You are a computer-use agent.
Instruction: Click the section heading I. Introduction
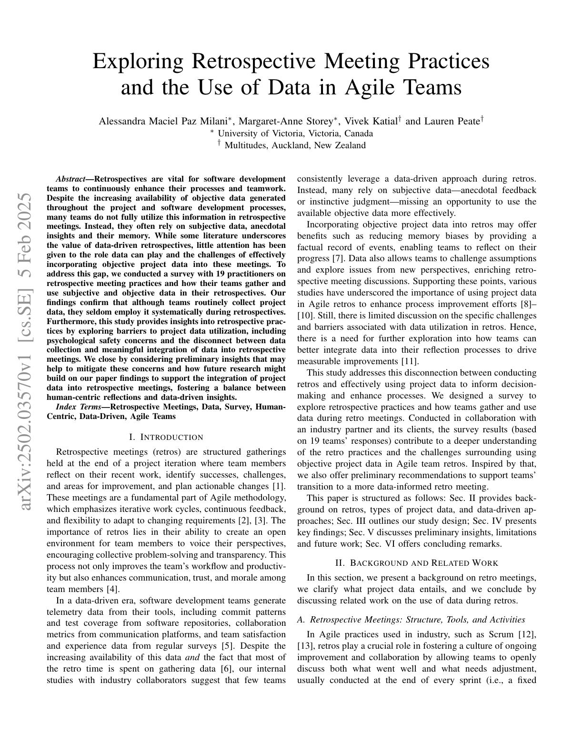pyautogui.click(x=166, y=437)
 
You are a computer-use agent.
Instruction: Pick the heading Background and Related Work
pyautogui.click(x=417, y=563)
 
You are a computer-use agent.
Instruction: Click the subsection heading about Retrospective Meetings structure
pyautogui.click(x=411, y=620)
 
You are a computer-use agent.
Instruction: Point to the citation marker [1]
pyautogui.click(x=279, y=486)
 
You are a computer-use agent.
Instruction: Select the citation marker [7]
pyautogui.click(x=338, y=259)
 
